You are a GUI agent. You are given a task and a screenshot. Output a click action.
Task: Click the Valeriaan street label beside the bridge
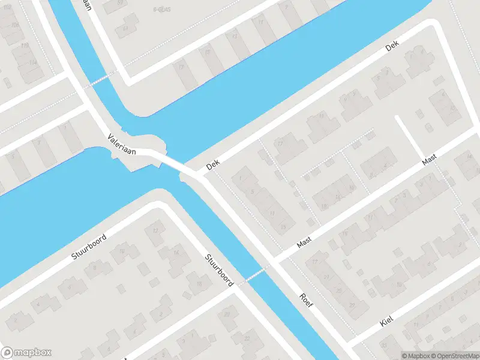121,145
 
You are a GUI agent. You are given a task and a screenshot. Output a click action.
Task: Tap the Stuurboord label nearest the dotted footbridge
218,271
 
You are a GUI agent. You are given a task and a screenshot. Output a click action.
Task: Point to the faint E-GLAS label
160,10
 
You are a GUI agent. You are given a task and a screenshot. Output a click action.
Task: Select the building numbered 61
125,28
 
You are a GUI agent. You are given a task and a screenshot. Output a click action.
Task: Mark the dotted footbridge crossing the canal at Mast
253,275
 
